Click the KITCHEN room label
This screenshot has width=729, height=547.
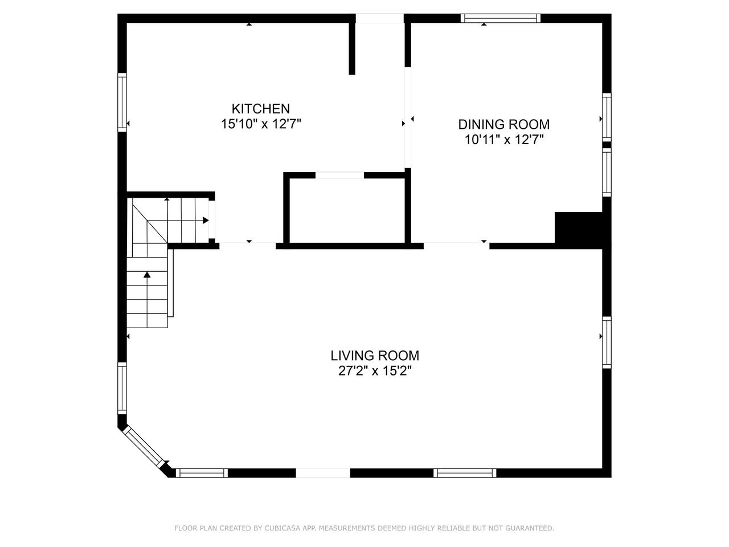(x=261, y=109)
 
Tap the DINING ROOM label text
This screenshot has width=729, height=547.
(x=504, y=125)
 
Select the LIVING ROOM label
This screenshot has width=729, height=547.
(x=375, y=356)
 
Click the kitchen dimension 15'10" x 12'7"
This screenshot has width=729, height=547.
(x=261, y=124)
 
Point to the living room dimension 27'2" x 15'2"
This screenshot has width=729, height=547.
(x=375, y=371)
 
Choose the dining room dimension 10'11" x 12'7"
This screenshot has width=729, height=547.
(x=504, y=140)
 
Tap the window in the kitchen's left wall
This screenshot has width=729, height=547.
(x=122, y=103)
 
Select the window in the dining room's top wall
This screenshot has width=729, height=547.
(x=501, y=18)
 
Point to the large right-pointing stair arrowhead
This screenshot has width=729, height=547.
(x=206, y=220)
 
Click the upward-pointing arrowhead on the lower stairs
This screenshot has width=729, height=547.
(x=147, y=275)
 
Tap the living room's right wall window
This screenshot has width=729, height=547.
(x=607, y=342)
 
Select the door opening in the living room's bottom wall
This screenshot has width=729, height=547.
(x=323, y=473)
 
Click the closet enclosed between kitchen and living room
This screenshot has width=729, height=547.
(x=347, y=211)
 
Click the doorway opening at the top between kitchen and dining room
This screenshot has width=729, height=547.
(x=380, y=18)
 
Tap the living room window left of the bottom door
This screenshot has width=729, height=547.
(x=202, y=473)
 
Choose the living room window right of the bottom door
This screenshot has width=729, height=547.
(x=465, y=473)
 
